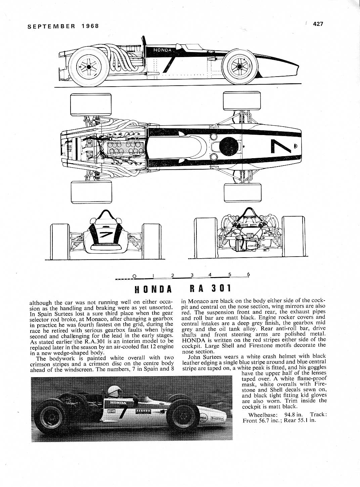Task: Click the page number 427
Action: [x=318, y=24]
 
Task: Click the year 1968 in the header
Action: [x=90, y=26]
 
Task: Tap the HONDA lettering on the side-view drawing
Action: [x=163, y=50]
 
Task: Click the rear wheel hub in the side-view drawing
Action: [x=89, y=67]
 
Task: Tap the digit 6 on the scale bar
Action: [x=249, y=274]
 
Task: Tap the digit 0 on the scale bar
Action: [x=134, y=276]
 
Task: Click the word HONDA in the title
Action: [x=153, y=289]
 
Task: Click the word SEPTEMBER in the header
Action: [x=51, y=26]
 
